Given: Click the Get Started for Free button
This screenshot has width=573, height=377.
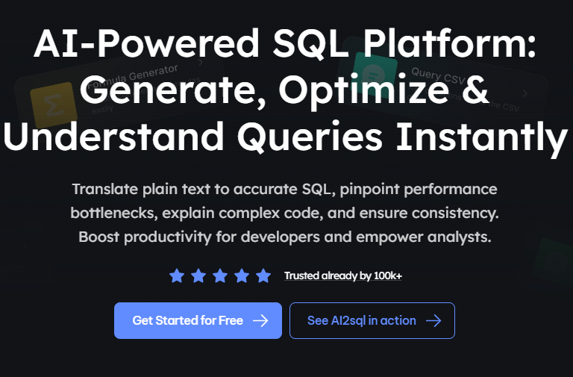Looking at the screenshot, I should tap(198, 320).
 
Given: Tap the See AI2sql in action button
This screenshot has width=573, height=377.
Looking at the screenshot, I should tap(372, 320).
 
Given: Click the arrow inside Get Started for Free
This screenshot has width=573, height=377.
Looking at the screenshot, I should tap(260, 320).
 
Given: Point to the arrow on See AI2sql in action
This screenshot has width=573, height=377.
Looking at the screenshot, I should tap(433, 320).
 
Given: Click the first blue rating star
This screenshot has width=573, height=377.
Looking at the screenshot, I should tap(177, 276).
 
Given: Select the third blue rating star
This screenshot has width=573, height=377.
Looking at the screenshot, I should tap(220, 276).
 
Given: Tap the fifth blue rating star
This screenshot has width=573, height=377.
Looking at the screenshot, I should tap(263, 276).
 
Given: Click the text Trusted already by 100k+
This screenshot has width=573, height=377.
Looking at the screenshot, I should tap(343, 276).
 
